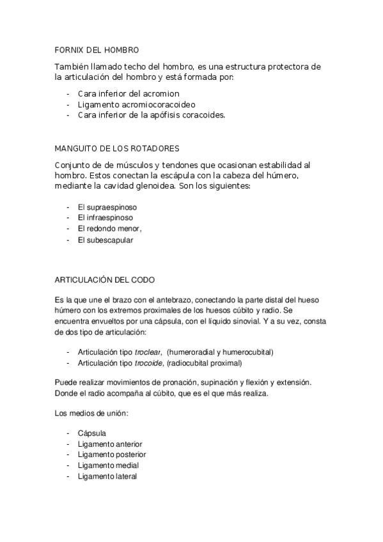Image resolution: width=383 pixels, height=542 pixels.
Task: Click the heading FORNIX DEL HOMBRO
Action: [x=97, y=49]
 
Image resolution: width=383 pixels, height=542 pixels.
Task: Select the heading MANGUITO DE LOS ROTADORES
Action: [x=117, y=149]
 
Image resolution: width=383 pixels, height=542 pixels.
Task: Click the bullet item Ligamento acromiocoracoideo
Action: [x=136, y=104]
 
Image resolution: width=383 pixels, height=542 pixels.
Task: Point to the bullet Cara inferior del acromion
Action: [x=129, y=93]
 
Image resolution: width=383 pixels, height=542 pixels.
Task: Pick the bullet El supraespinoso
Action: [x=107, y=208]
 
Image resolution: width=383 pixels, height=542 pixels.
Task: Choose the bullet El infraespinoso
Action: [x=106, y=218]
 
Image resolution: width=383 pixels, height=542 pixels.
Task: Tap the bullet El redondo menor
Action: [x=109, y=229]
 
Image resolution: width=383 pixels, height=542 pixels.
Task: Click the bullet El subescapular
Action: [x=106, y=240]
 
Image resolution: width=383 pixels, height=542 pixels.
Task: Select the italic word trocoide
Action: [x=146, y=362]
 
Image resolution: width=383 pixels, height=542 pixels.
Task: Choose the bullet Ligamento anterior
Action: [x=110, y=444]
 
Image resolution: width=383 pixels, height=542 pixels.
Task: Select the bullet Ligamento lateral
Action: [x=107, y=477]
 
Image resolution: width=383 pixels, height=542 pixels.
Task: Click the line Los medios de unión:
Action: [x=92, y=414]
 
